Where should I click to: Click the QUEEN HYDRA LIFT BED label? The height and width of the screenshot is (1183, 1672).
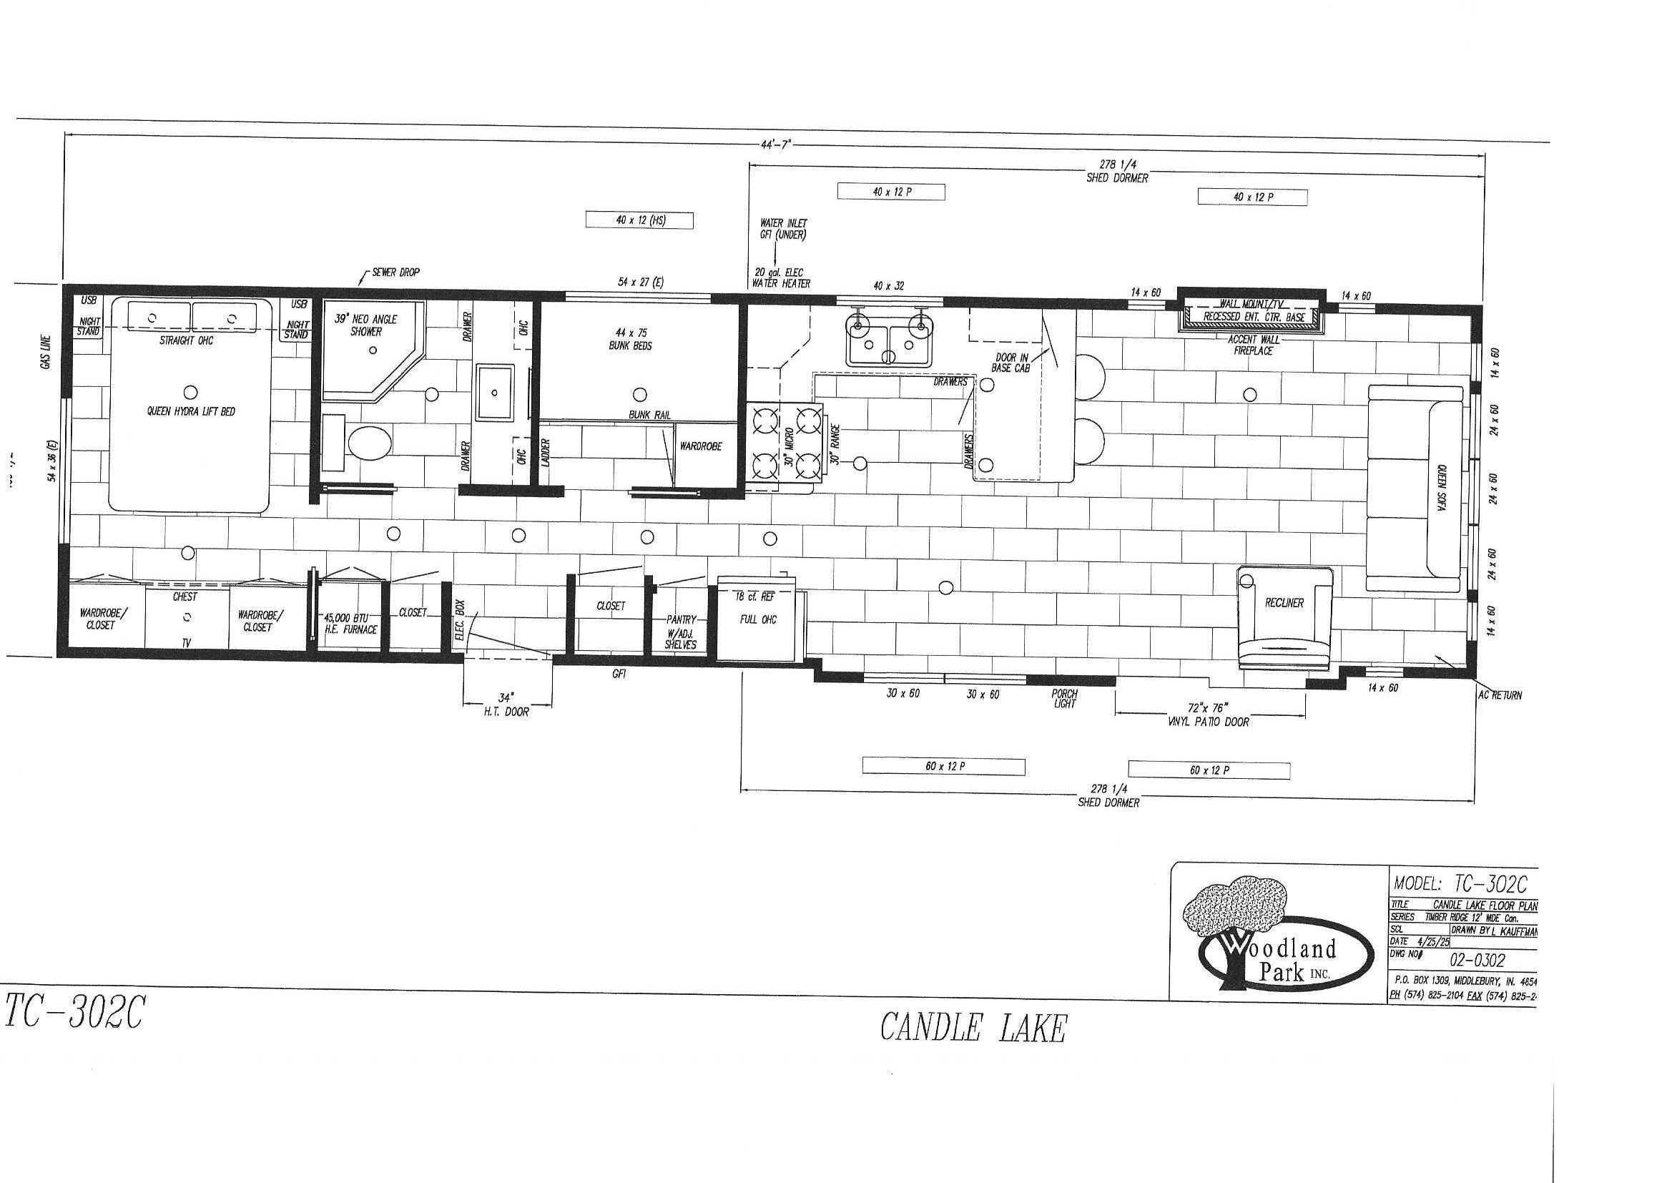[191, 411]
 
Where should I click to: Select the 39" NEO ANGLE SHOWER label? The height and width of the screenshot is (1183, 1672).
[365, 325]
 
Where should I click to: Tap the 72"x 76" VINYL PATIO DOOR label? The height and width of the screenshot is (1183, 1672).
[1209, 714]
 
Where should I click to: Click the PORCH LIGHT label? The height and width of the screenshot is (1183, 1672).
[1064, 699]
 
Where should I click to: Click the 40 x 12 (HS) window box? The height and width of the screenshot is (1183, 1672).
[640, 220]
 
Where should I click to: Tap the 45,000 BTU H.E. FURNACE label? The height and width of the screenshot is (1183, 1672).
[352, 624]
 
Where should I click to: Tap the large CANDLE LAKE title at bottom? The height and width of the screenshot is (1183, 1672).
[973, 1028]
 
